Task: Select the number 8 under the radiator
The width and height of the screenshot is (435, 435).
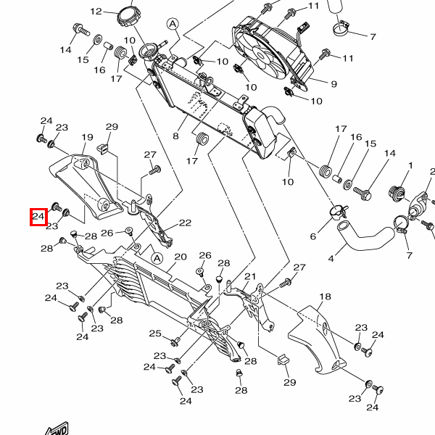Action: tap(175, 136)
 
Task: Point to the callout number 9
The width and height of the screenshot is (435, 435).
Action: tap(334, 84)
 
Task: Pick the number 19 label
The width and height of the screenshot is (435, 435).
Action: tap(87, 138)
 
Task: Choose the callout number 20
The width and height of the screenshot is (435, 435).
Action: tap(181, 257)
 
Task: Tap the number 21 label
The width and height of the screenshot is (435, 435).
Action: tap(250, 277)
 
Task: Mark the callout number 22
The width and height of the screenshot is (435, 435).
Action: tap(185, 223)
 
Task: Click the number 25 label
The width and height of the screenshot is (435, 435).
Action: tap(155, 333)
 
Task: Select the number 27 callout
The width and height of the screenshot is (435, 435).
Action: tap(150, 154)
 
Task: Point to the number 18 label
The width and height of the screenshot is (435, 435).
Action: tap(325, 297)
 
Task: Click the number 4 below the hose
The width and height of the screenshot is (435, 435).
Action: tap(331, 258)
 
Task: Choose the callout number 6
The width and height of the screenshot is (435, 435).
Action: tap(313, 236)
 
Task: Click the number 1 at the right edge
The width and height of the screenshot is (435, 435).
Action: tap(410, 166)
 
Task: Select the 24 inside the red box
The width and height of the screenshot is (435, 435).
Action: tap(38, 216)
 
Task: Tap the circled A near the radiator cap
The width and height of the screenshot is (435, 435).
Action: tap(173, 24)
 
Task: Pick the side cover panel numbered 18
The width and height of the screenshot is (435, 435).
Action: tap(319, 337)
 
